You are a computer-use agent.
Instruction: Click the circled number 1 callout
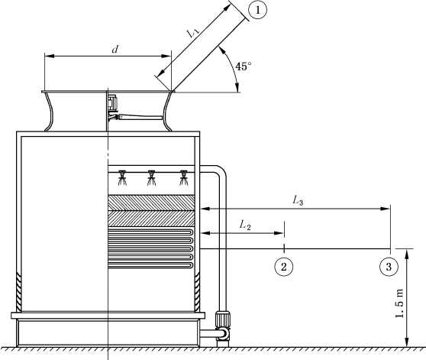(x=257, y=10)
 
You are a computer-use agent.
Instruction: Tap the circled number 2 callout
(x=284, y=267)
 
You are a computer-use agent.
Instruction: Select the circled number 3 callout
(x=389, y=267)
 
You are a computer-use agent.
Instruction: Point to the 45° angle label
(x=244, y=66)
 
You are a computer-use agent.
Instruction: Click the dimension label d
(x=115, y=49)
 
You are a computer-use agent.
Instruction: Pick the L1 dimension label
(x=193, y=33)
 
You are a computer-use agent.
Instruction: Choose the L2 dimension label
(x=245, y=225)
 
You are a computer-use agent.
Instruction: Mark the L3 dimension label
(x=298, y=201)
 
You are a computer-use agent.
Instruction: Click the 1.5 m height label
(x=399, y=303)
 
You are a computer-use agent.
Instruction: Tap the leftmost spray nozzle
(x=122, y=177)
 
